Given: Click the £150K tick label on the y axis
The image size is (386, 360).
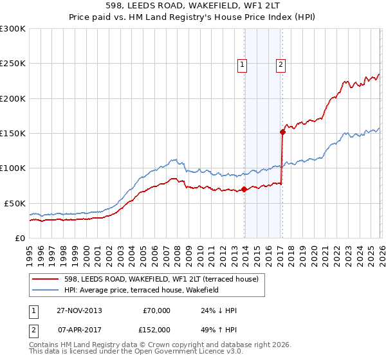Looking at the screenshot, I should (x=13, y=134).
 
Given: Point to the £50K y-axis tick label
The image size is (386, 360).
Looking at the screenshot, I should (x=15, y=203).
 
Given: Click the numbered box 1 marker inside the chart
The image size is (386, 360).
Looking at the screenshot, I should (x=243, y=64).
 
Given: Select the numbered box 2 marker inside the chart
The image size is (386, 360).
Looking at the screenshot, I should (x=282, y=64).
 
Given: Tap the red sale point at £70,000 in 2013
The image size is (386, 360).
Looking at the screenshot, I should (x=244, y=189).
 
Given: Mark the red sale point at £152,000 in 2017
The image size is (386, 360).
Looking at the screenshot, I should (x=282, y=132).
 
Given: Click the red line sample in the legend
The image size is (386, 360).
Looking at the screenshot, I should (x=46, y=279).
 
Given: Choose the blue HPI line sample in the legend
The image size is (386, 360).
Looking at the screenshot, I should (x=46, y=290).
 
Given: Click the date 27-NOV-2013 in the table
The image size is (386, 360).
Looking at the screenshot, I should (x=79, y=310).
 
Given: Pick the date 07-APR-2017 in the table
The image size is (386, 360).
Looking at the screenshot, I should (x=78, y=329).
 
